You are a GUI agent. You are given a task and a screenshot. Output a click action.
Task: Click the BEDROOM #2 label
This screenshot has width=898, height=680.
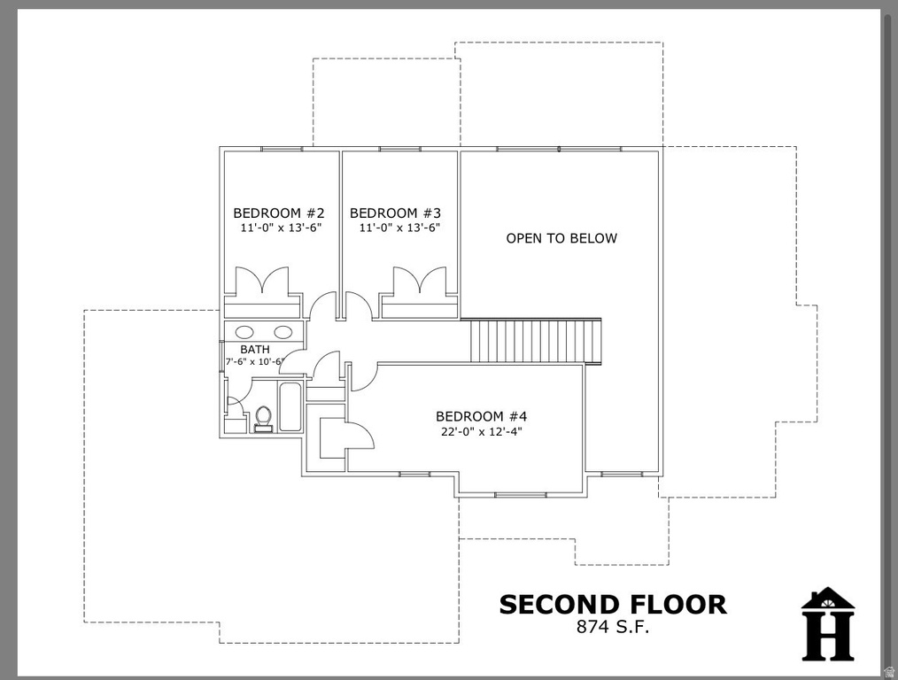(x=279, y=213)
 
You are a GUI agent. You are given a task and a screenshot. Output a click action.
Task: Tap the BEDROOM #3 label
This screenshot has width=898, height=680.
(x=396, y=213)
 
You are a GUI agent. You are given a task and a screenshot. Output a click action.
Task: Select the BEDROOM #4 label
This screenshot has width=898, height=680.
(x=481, y=416)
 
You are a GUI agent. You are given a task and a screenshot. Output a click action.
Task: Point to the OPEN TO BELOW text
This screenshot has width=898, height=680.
(x=561, y=238)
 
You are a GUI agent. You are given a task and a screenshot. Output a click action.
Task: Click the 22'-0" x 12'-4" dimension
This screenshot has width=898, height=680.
(x=481, y=432)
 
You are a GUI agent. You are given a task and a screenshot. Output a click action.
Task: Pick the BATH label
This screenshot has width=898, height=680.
(x=255, y=350)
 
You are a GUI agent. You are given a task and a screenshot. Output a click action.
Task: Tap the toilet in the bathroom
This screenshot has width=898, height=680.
(x=263, y=415)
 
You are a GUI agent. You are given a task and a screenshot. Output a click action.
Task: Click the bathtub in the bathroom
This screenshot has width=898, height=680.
(x=290, y=406)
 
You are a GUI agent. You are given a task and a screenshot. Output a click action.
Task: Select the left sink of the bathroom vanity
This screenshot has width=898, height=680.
(x=244, y=332)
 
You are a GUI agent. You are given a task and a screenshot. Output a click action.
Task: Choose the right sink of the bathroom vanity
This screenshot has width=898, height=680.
(x=283, y=332)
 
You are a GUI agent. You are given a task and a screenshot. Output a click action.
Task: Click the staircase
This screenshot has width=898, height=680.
(x=535, y=341)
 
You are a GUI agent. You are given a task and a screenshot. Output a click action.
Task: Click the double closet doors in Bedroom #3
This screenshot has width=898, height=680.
(x=420, y=282)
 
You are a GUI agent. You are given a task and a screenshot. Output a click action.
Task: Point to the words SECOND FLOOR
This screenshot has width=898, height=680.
(x=613, y=605)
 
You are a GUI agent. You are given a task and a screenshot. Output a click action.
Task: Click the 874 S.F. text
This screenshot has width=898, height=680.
(x=613, y=627)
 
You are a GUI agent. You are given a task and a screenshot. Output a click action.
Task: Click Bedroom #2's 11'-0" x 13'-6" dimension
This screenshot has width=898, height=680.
(x=279, y=228)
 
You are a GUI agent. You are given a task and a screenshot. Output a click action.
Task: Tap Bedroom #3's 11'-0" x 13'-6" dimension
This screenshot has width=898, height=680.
(x=399, y=228)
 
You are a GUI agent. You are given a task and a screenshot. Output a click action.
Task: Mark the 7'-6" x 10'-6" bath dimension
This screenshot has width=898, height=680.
(x=253, y=362)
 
